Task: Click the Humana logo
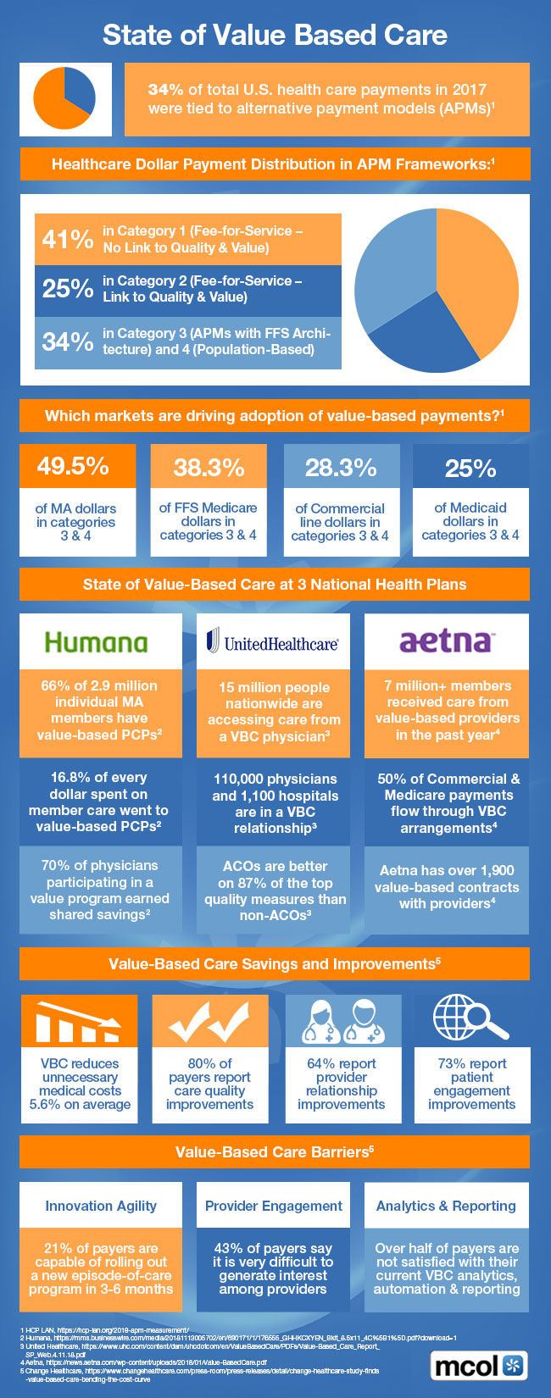[96, 642]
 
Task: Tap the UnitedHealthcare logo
[272, 642]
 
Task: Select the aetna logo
[446, 641]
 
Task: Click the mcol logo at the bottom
[480, 1366]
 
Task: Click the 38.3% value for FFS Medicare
[209, 467]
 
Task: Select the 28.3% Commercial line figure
[341, 467]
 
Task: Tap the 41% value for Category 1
[67, 239]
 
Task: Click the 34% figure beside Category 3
[67, 341]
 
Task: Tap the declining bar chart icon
[78, 1021]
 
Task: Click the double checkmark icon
[209, 1021]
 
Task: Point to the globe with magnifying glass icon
[471, 1020]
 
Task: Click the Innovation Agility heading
[101, 1206]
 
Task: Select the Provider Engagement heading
[274, 1206]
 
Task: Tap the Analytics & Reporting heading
[446, 1206]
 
